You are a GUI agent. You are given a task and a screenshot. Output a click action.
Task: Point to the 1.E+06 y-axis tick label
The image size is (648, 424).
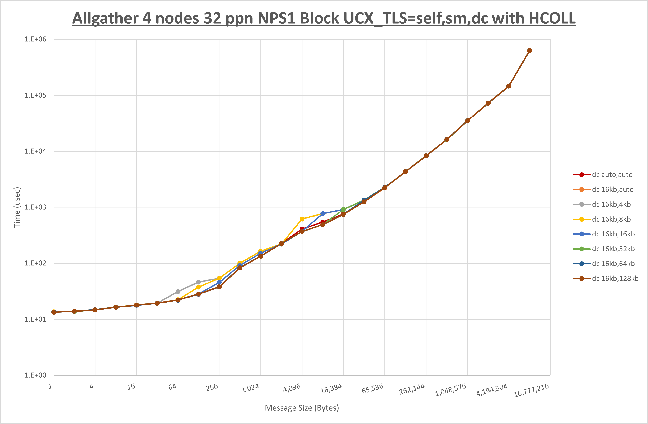pos(36,39)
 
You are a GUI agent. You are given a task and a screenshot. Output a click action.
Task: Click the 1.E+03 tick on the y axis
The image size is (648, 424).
pos(36,207)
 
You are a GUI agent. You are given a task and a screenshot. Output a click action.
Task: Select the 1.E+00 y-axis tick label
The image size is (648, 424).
pos(36,375)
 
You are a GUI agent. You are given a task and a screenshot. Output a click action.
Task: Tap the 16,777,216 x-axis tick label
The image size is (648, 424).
pos(531,390)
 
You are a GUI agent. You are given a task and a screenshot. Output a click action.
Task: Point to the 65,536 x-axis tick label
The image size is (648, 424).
pos(373,388)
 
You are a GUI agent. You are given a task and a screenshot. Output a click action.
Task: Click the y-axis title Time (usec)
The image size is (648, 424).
pos(17,207)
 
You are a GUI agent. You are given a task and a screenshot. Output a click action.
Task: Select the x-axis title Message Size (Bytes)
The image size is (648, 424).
pos(302,408)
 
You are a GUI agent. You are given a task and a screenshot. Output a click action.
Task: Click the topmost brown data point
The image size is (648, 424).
pos(529,51)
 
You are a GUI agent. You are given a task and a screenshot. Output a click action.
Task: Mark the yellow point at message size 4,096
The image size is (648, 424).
pos(302,219)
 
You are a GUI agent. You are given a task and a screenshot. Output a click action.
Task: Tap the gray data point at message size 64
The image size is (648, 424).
pos(178,292)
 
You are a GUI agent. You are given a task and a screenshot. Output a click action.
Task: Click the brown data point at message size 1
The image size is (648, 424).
pos(54,312)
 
